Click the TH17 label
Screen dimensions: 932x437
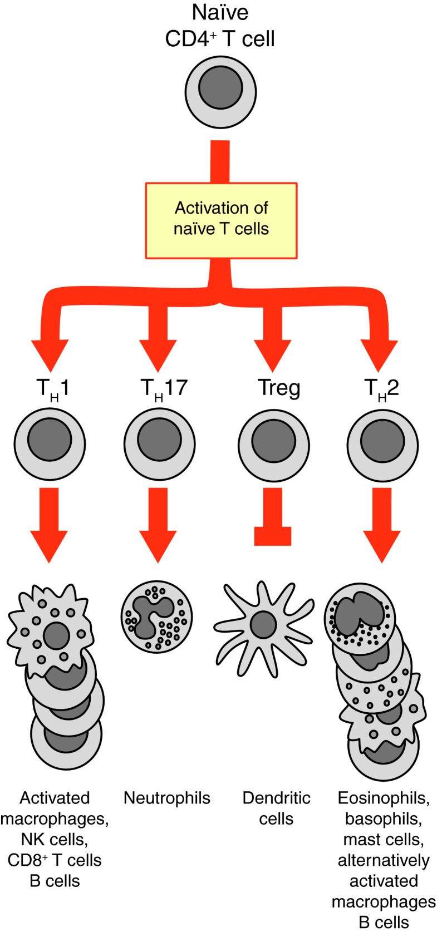tap(164, 388)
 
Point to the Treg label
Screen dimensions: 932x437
tap(279, 388)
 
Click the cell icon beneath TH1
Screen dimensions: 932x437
tap(50, 445)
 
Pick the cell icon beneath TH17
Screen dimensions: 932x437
tap(159, 445)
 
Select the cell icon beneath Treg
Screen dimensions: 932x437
tap(273, 445)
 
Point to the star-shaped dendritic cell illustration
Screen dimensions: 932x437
tap(263, 623)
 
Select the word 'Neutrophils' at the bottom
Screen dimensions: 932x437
tap(167, 798)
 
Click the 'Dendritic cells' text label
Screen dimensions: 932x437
tap(276, 808)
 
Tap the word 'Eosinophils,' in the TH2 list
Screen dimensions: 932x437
tap(384, 798)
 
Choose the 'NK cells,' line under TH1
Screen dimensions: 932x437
tap(55, 840)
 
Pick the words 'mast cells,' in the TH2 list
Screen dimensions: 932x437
tap(384, 840)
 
